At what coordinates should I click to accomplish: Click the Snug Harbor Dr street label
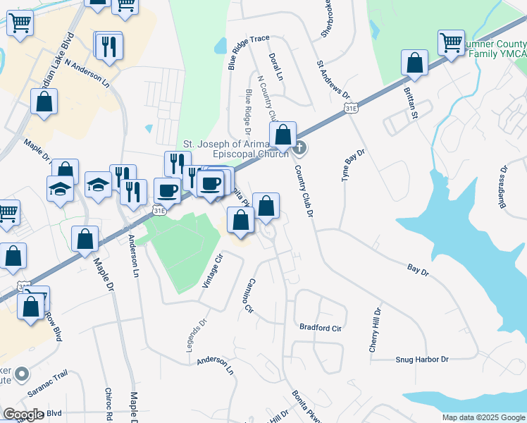[x=421, y=360]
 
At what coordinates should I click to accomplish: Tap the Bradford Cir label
[x=320, y=328]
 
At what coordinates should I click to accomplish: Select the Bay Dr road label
[x=418, y=268]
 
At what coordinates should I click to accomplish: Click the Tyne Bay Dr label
[x=354, y=166]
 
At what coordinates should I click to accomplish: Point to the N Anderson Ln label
[x=88, y=72]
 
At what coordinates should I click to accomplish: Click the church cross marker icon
[x=299, y=147]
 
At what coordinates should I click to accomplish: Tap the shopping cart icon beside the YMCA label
[x=451, y=42]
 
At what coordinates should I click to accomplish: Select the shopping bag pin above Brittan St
[x=415, y=63]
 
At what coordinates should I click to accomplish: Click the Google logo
[x=24, y=415]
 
